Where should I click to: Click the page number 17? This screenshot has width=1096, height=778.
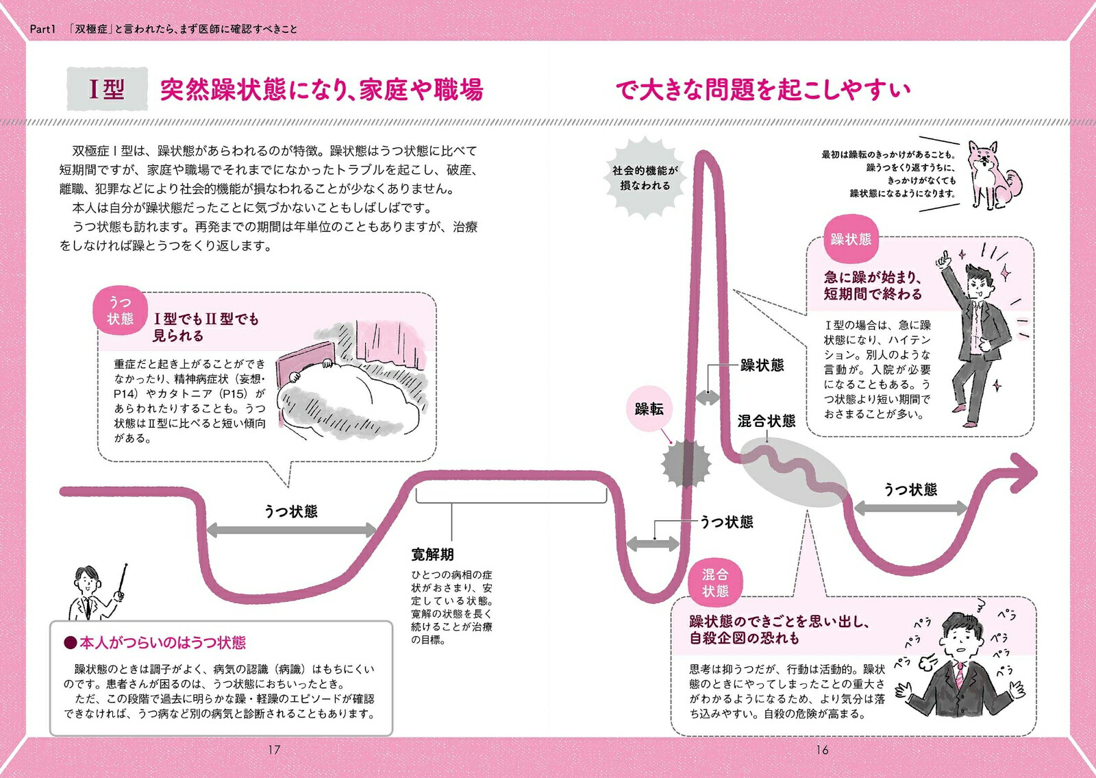pyautogui.click(x=274, y=750)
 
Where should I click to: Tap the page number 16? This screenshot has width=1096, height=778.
pyautogui.click(x=822, y=750)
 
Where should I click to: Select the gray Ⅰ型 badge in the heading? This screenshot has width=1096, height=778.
pyautogui.click(x=107, y=88)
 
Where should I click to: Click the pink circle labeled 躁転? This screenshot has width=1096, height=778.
pyautogui.click(x=649, y=409)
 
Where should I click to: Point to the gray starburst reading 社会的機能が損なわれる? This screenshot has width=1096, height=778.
pyautogui.click(x=645, y=178)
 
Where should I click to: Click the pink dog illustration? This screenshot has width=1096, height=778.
pyautogui.click(x=993, y=175)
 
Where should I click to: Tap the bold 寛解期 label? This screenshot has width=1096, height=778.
pyautogui.click(x=432, y=555)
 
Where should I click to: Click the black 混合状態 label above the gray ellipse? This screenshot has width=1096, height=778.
pyautogui.click(x=767, y=421)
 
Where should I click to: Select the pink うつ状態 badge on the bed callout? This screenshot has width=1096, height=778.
pyautogui.click(x=120, y=311)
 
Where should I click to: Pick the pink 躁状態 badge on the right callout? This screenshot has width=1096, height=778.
pyautogui.click(x=851, y=239)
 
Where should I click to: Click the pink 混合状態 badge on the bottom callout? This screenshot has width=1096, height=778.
pyautogui.click(x=715, y=583)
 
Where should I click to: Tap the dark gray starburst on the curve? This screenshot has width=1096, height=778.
pyautogui.click(x=685, y=463)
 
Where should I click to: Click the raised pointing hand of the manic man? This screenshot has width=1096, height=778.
pyautogui.click(x=943, y=260)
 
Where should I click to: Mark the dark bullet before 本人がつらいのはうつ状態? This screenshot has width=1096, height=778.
pyautogui.click(x=71, y=642)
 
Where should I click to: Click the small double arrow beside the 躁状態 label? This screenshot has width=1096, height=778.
pyautogui.click(x=708, y=398)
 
